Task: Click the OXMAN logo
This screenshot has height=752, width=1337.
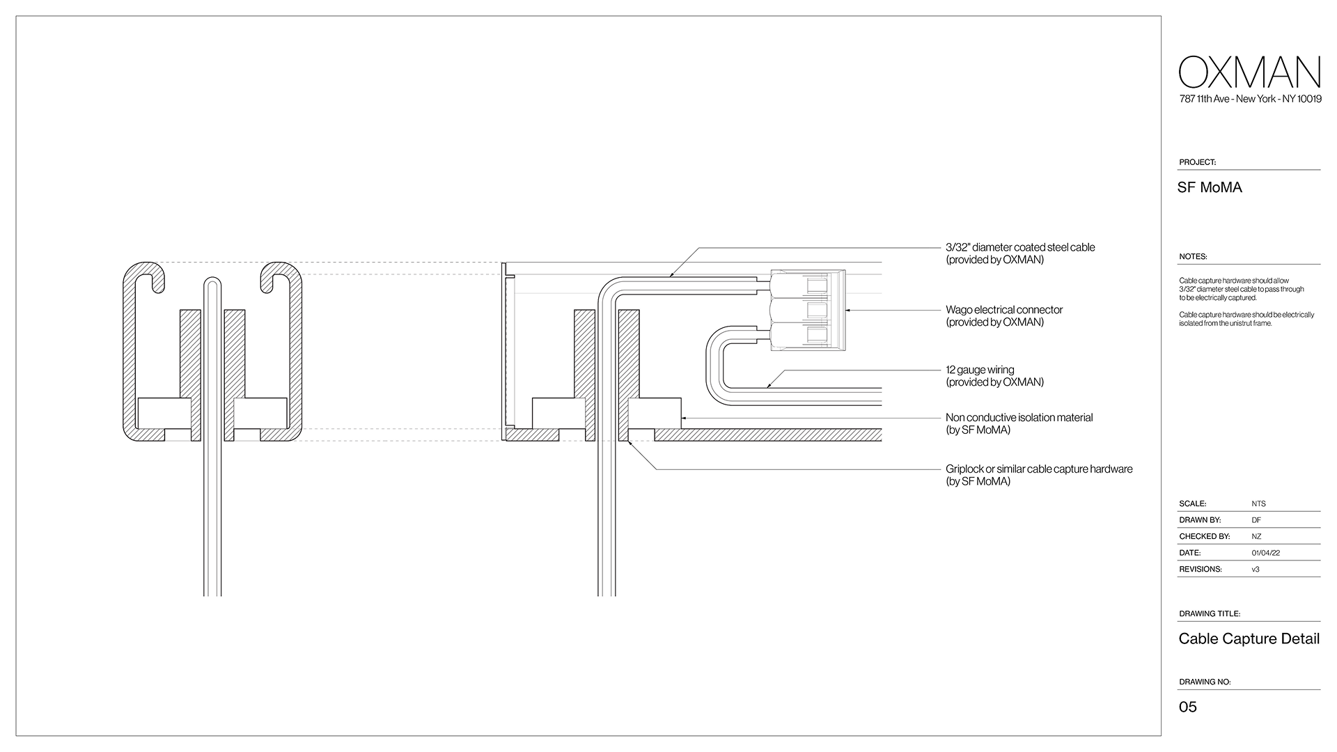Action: click(x=1250, y=72)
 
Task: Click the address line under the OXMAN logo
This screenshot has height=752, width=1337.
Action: click(x=1250, y=99)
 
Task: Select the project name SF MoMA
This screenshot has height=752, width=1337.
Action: click(x=1210, y=187)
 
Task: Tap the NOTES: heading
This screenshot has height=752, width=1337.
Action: click(x=1193, y=257)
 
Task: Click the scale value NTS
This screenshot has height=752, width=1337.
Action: click(x=1258, y=504)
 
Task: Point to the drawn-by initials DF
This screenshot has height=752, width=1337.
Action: click(x=1256, y=520)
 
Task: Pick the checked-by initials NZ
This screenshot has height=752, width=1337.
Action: click(x=1256, y=537)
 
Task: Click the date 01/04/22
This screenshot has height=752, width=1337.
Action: click(x=1265, y=553)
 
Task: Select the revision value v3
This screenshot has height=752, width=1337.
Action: click(x=1256, y=570)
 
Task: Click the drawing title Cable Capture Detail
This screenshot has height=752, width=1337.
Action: click(x=1249, y=639)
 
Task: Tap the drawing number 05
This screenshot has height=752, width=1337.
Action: click(x=1187, y=707)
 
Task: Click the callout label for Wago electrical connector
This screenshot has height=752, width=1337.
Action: click(x=1003, y=315)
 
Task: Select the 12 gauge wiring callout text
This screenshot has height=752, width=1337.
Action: click(x=994, y=376)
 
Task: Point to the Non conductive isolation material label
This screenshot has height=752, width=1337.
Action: click(x=1019, y=423)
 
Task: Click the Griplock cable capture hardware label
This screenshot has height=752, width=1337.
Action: click(x=1038, y=475)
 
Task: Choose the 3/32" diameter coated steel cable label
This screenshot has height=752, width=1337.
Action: click(x=1019, y=253)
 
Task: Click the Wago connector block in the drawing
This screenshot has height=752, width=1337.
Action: click(x=808, y=309)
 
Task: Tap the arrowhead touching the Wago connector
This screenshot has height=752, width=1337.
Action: click(x=849, y=310)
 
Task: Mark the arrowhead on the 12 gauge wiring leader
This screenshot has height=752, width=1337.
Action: click(x=769, y=385)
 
